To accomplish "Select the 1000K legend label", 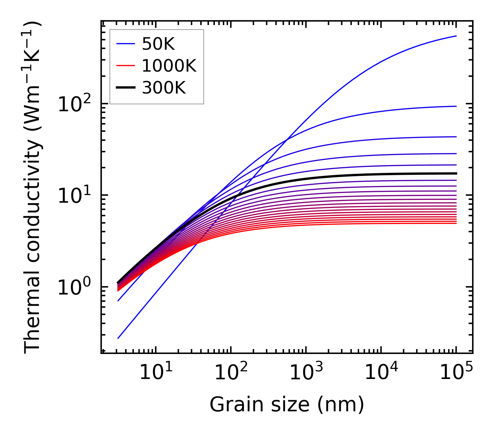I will [x=169, y=66].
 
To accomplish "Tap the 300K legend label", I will [x=164, y=88].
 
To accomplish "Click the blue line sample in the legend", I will [x=125, y=44].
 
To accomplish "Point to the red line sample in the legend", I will [x=125, y=66].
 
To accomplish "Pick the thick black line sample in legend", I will [x=125, y=88].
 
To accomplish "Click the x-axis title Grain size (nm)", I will [x=287, y=405].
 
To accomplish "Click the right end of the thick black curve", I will [x=456, y=173].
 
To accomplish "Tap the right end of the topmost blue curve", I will [x=456, y=36].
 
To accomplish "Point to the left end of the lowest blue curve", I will [x=118, y=338].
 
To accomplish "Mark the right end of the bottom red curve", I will [x=456, y=223].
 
